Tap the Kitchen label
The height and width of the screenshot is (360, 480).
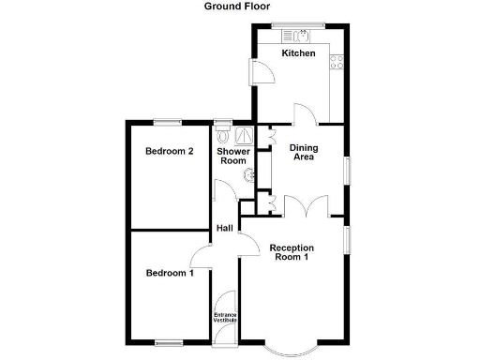pos(299,53)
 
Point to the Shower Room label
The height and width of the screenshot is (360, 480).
pos(232,157)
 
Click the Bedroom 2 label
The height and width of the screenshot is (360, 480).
pos(170,151)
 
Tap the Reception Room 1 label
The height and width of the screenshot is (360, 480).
pos(291,253)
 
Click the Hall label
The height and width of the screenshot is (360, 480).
pos(225,229)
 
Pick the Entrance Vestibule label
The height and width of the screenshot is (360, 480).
pos(225,318)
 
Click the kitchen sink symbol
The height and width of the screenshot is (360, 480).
pos(299,36)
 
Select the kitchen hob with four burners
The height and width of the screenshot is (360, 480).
pos(337,62)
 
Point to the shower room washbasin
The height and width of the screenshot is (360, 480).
pos(247,173)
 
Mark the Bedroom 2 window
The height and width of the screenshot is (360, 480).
pos(169,120)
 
